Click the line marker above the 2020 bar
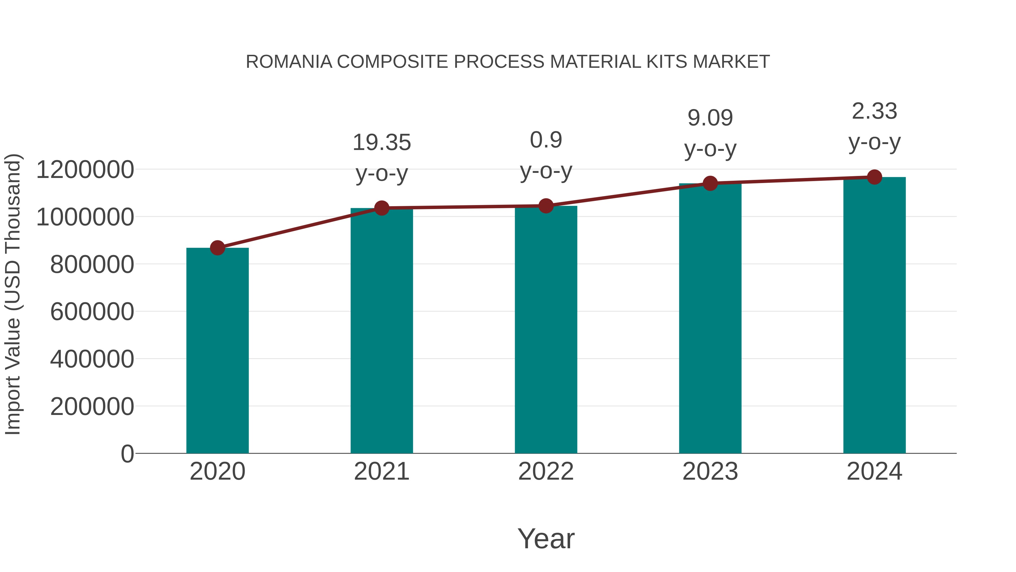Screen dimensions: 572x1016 (217, 248)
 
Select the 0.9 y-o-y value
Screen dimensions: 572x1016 (546, 140)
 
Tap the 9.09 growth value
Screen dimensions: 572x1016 (710, 118)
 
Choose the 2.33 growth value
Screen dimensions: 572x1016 (874, 111)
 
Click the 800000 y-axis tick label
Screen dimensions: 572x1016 (92, 264)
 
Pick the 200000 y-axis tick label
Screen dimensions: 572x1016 (92, 406)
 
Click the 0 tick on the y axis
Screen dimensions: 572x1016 (127, 454)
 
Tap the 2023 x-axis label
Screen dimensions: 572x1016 (710, 471)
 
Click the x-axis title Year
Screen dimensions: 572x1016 (546, 538)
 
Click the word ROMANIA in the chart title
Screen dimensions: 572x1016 (289, 62)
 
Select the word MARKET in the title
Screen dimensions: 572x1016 (731, 62)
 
